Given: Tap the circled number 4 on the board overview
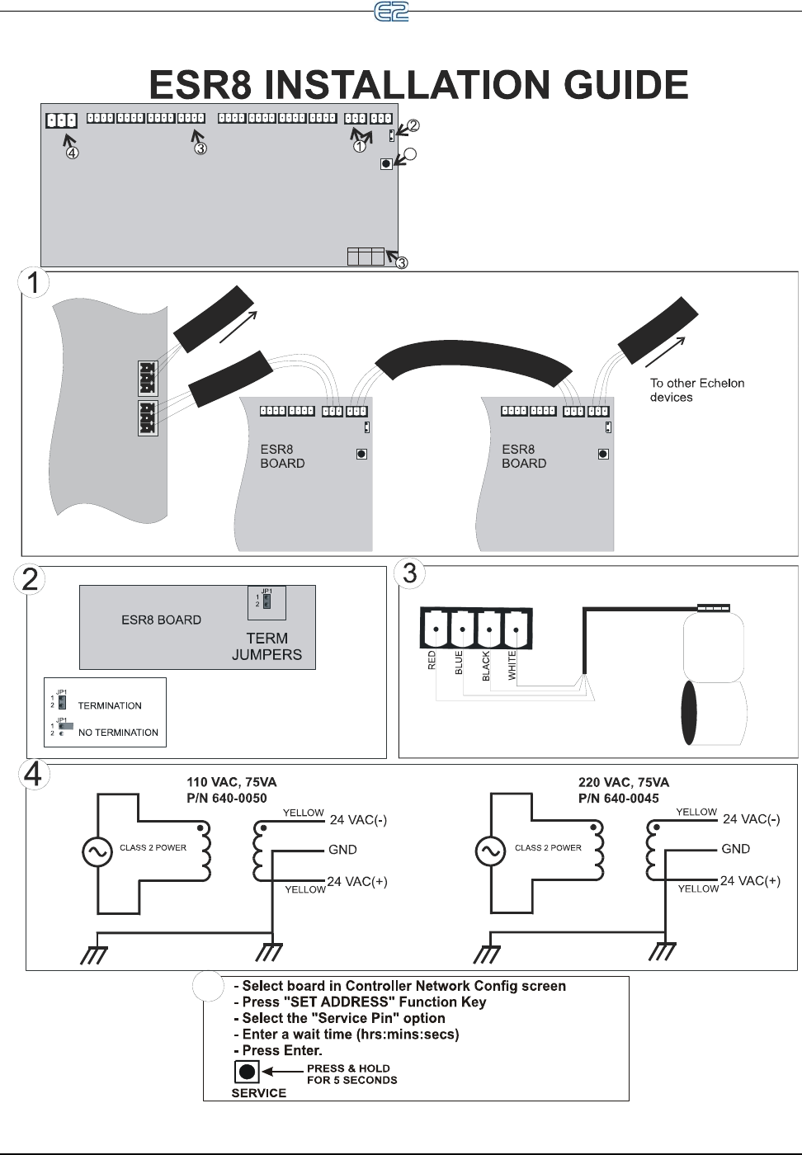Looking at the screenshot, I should tap(73, 153).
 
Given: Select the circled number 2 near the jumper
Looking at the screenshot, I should tap(413, 125).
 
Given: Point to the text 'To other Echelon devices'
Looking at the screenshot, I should tap(696, 390).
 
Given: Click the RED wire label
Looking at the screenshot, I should tap(432, 660).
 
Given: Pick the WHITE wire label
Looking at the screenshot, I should tap(512, 666).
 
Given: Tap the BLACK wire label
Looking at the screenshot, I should tap(486, 666).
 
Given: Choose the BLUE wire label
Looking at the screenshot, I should tap(459, 663).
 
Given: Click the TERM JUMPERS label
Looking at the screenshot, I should tap(267, 647).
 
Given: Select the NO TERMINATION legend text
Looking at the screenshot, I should tap(118, 733).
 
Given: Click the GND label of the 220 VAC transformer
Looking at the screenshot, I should tap(735, 849).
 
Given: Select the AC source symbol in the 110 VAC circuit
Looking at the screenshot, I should tap(97, 852).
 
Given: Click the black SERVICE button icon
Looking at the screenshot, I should tap(247, 1072).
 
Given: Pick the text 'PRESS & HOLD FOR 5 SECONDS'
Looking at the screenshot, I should tap(351, 1074).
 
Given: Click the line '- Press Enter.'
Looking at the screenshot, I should tap(278, 1050).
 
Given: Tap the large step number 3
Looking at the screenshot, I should tap(410, 573).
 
